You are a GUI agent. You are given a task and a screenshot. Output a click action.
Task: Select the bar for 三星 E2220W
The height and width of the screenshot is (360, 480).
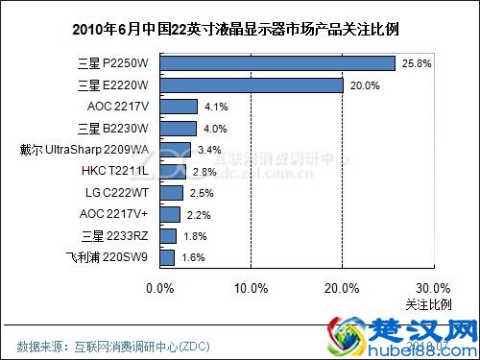coord(251,84)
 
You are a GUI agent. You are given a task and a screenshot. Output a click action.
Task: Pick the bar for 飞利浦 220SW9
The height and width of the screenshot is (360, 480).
coord(166,257)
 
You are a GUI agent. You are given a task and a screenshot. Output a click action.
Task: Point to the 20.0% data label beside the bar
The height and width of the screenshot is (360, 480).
coord(362,85)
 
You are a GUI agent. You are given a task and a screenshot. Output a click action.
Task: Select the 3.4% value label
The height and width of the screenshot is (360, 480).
coord(208,150)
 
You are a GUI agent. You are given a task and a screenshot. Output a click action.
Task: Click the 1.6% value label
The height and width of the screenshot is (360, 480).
coord(192,257)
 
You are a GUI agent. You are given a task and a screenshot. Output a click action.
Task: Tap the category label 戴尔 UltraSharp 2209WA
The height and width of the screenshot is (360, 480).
coord(84,150)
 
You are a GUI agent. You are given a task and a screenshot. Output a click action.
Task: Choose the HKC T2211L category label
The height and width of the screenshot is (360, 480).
coord(115,171)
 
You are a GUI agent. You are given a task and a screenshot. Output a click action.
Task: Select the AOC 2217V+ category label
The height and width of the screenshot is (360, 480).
coord(113,214)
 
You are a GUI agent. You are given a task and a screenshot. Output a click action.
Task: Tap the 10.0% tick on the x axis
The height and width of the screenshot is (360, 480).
coord(251,287)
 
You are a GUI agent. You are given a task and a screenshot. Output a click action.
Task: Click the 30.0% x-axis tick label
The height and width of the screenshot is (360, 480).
coord(433,287)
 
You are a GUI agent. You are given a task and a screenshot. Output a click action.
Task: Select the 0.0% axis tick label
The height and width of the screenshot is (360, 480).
coord(159,287)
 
